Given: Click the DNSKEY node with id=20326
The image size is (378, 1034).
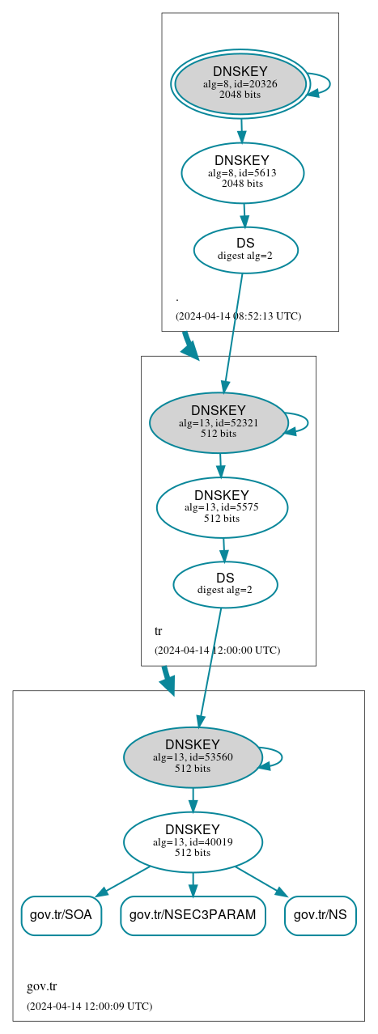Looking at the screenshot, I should [240, 83].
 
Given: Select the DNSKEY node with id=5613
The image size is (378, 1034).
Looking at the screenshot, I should [242, 172].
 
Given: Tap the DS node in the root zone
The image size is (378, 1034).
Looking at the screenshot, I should [245, 250].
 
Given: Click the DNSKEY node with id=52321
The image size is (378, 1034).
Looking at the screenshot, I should [219, 422].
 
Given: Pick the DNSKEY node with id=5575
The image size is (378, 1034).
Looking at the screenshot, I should [222, 507].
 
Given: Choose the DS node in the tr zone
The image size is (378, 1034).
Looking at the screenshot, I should [225, 584].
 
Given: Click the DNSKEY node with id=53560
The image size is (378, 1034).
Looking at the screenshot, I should [193, 757].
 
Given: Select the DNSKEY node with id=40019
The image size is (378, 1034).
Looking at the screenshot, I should [193, 841].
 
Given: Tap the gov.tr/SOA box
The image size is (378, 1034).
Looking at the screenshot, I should [62, 915].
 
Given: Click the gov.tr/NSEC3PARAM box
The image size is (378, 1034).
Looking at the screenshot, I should [193, 915].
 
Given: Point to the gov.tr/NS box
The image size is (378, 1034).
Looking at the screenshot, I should [321, 915].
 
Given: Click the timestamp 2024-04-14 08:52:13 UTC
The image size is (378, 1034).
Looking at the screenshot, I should [238, 316].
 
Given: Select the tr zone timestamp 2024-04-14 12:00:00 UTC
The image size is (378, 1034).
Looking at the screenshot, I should [217, 650].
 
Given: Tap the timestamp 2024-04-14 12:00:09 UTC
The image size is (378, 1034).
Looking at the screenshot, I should [89, 1006].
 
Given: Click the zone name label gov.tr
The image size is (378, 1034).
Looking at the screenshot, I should [41, 986].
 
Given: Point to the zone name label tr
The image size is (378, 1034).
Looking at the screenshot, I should [158, 631].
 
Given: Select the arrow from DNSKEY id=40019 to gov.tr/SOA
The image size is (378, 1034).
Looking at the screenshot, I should [124, 881].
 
